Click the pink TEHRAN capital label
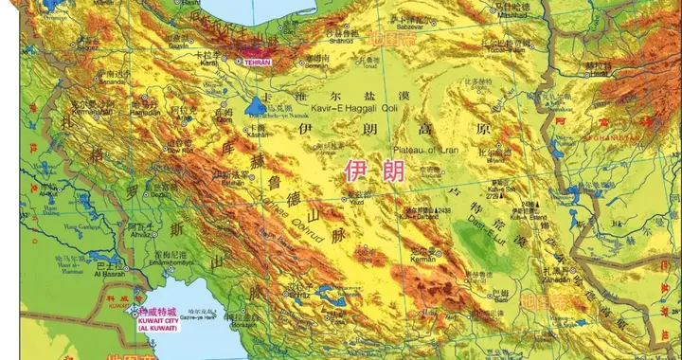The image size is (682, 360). pos(258,62)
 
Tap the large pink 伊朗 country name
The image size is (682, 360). pos(367,171)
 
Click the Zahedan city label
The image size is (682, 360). pos(557,280)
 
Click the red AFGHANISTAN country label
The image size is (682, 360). pos(641,139)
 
